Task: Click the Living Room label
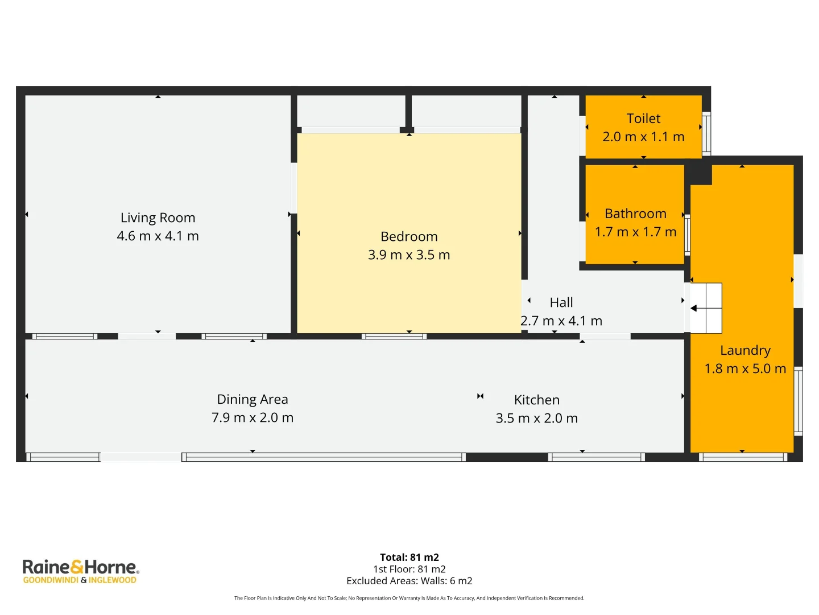click(158, 218)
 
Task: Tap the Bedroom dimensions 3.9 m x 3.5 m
click(409, 255)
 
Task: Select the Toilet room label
click(643, 118)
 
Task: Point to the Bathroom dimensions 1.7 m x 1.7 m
click(635, 232)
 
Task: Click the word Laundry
click(745, 351)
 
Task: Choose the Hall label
click(561, 303)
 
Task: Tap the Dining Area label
click(253, 400)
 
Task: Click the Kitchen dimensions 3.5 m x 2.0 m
click(536, 419)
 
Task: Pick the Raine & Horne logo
click(80, 567)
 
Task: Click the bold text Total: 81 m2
click(409, 557)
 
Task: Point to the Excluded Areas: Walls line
click(409, 581)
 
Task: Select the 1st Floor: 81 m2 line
click(409, 569)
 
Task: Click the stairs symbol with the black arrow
click(706, 308)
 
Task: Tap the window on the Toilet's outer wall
click(706, 134)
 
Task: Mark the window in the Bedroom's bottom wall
click(394, 337)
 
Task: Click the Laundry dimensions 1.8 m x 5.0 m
click(745, 369)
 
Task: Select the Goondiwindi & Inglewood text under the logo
click(80, 580)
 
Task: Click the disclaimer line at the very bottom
click(409, 598)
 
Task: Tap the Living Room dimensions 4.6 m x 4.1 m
click(158, 236)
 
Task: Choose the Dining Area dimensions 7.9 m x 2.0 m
click(253, 418)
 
